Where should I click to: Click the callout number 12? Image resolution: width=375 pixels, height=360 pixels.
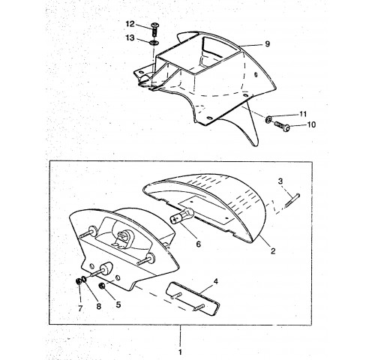pos(130,24)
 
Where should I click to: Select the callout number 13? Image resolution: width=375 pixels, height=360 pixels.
pos(130,38)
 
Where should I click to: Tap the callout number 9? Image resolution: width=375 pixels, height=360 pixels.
pos(267,44)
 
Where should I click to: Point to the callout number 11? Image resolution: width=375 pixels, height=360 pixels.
pos(303,114)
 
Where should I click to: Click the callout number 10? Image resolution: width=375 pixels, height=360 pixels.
pos(311,124)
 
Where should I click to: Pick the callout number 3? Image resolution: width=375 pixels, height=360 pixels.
pos(280,181)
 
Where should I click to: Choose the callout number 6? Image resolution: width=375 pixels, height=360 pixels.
pos(198,244)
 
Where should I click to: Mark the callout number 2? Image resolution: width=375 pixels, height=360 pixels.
pos(273,250)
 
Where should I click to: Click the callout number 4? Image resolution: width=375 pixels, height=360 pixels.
pos(215,281)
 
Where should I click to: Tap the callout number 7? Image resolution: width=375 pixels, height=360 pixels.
pos(80,308)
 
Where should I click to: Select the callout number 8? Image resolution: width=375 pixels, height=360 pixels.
pos(99,306)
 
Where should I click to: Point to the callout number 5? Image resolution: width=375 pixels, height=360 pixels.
pos(118,304)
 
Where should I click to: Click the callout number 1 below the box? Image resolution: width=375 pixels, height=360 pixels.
pos(180,352)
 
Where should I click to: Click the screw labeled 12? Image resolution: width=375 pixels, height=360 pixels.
pos(154,30)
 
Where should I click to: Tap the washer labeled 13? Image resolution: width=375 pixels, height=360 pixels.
pos(154,43)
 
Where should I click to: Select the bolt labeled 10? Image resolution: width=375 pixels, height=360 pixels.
pos(282,126)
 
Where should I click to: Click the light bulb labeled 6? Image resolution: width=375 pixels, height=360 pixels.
pos(181,216)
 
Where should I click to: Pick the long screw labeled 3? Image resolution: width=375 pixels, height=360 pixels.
pos(292,200)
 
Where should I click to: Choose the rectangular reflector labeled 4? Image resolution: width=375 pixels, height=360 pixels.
pos(193,298)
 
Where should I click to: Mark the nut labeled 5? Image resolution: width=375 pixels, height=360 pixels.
pos(102,285)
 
